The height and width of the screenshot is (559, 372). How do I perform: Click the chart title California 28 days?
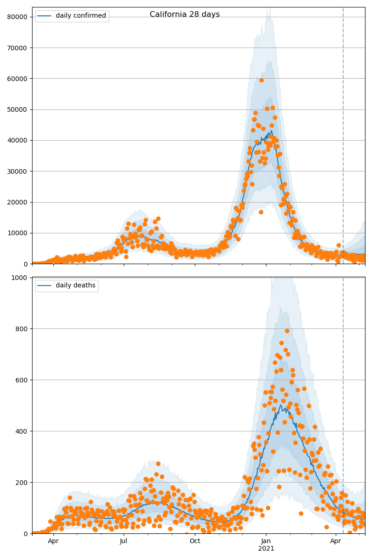click(x=185, y=14)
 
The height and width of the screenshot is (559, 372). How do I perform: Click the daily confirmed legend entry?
click(x=80, y=16)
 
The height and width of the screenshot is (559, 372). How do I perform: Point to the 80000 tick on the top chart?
click(x=18, y=17)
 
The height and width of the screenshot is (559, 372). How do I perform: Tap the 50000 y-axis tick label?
click(x=18, y=109)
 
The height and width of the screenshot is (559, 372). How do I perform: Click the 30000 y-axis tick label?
click(x=18, y=171)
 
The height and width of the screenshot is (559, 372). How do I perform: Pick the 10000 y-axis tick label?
click(x=18, y=233)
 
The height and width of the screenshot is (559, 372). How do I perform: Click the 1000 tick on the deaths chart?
click(x=20, y=278)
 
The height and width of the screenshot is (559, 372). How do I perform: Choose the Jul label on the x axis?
click(x=124, y=541)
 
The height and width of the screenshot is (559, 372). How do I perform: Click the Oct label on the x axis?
click(x=195, y=541)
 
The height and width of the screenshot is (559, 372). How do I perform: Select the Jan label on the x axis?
click(x=266, y=541)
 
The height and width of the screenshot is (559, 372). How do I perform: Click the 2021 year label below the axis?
click(x=266, y=549)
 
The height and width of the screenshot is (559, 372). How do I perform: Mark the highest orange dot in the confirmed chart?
click(x=261, y=80)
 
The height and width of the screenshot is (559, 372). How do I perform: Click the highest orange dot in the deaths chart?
click(x=287, y=331)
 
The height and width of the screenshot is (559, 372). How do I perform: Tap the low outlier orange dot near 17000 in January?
click(x=261, y=212)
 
